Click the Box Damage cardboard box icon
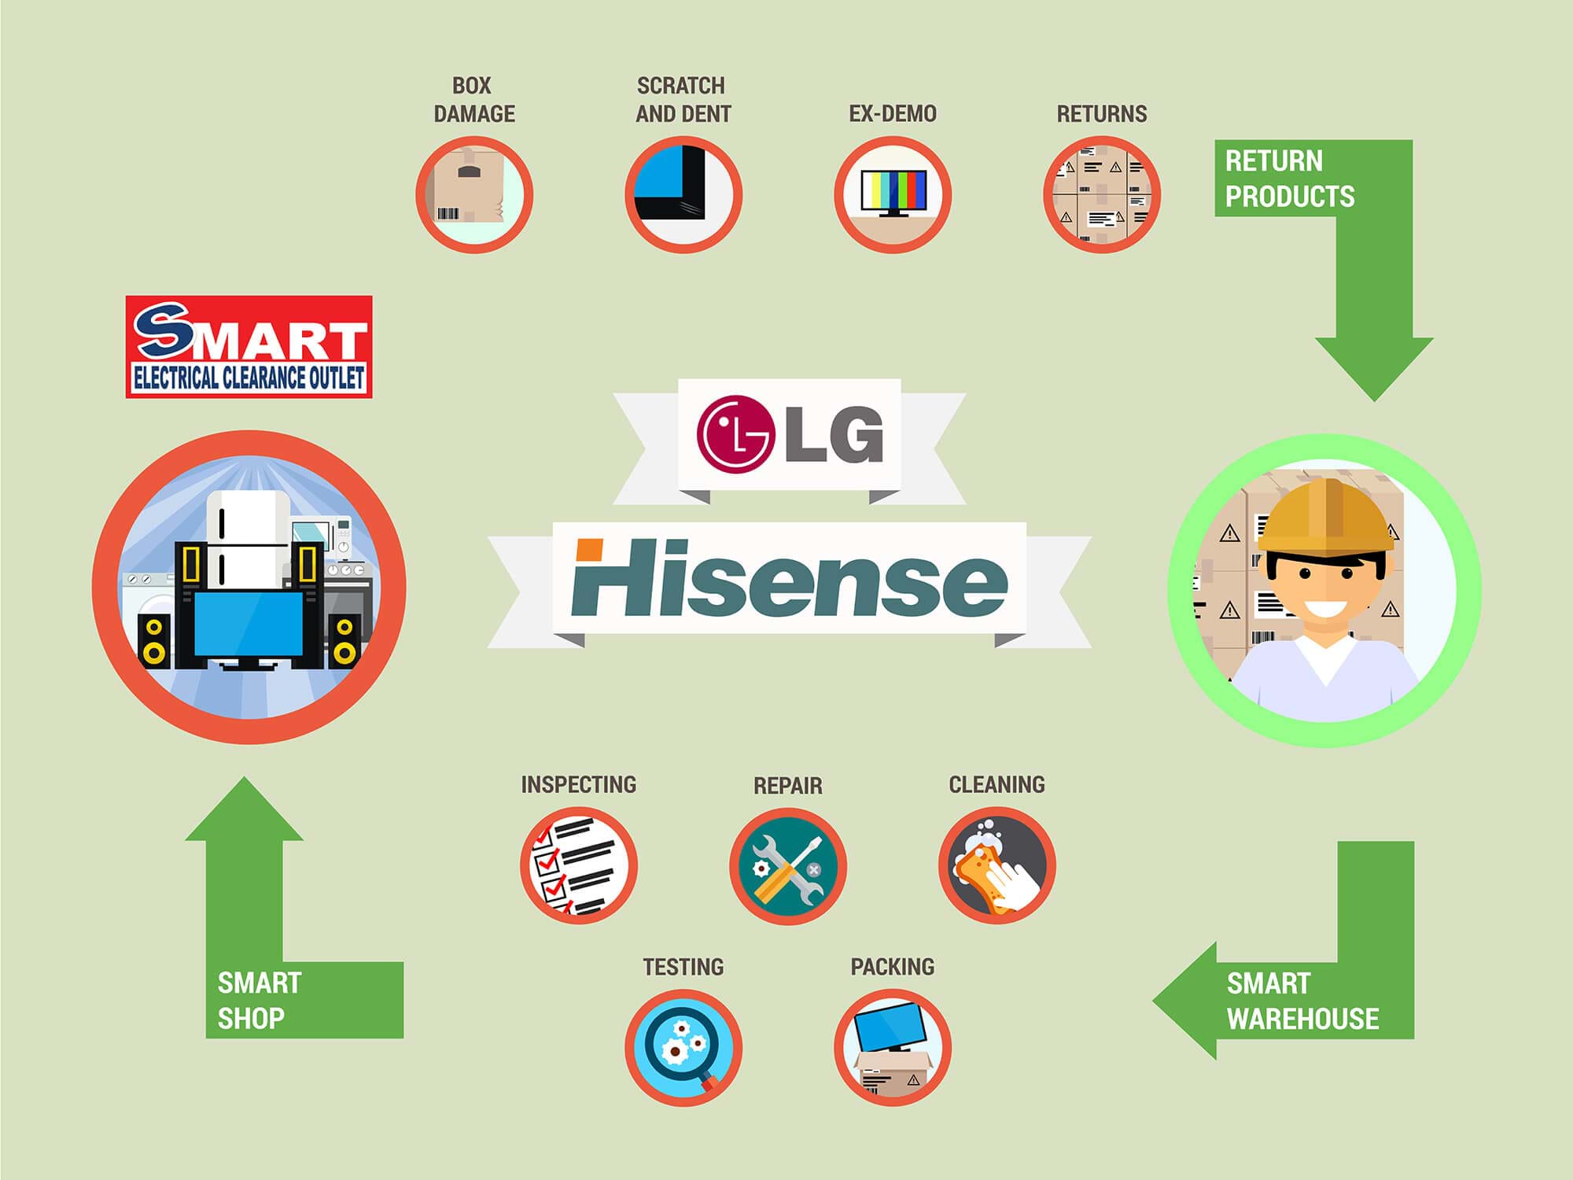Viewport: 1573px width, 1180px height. click(x=474, y=194)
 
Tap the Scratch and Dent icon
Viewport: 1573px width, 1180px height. click(x=683, y=194)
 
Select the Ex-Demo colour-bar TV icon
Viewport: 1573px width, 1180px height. click(x=893, y=194)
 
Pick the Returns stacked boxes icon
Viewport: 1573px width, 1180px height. click(x=1102, y=194)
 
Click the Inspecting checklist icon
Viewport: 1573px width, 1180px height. click(x=578, y=865)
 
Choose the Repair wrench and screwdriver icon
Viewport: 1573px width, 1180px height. click(x=787, y=865)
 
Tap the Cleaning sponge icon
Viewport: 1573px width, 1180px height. click(x=996, y=865)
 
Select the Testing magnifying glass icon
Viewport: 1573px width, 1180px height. click(x=683, y=1047)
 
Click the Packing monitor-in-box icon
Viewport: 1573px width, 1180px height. click(x=893, y=1047)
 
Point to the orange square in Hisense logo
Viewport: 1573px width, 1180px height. click(x=589, y=550)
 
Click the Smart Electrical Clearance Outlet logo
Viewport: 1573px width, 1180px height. click(x=249, y=346)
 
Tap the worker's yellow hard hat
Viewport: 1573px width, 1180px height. click(x=1325, y=515)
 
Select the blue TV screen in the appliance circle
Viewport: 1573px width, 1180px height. click(x=249, y=624)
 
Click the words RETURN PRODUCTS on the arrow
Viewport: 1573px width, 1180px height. click(x=1290, y=179)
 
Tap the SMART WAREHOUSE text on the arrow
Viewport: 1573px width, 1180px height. click(x=1302, y=1001)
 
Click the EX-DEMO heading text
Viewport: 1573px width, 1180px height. click(x=893, y=114)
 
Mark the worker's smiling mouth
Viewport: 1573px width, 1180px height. click(x=1326, y=609)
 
